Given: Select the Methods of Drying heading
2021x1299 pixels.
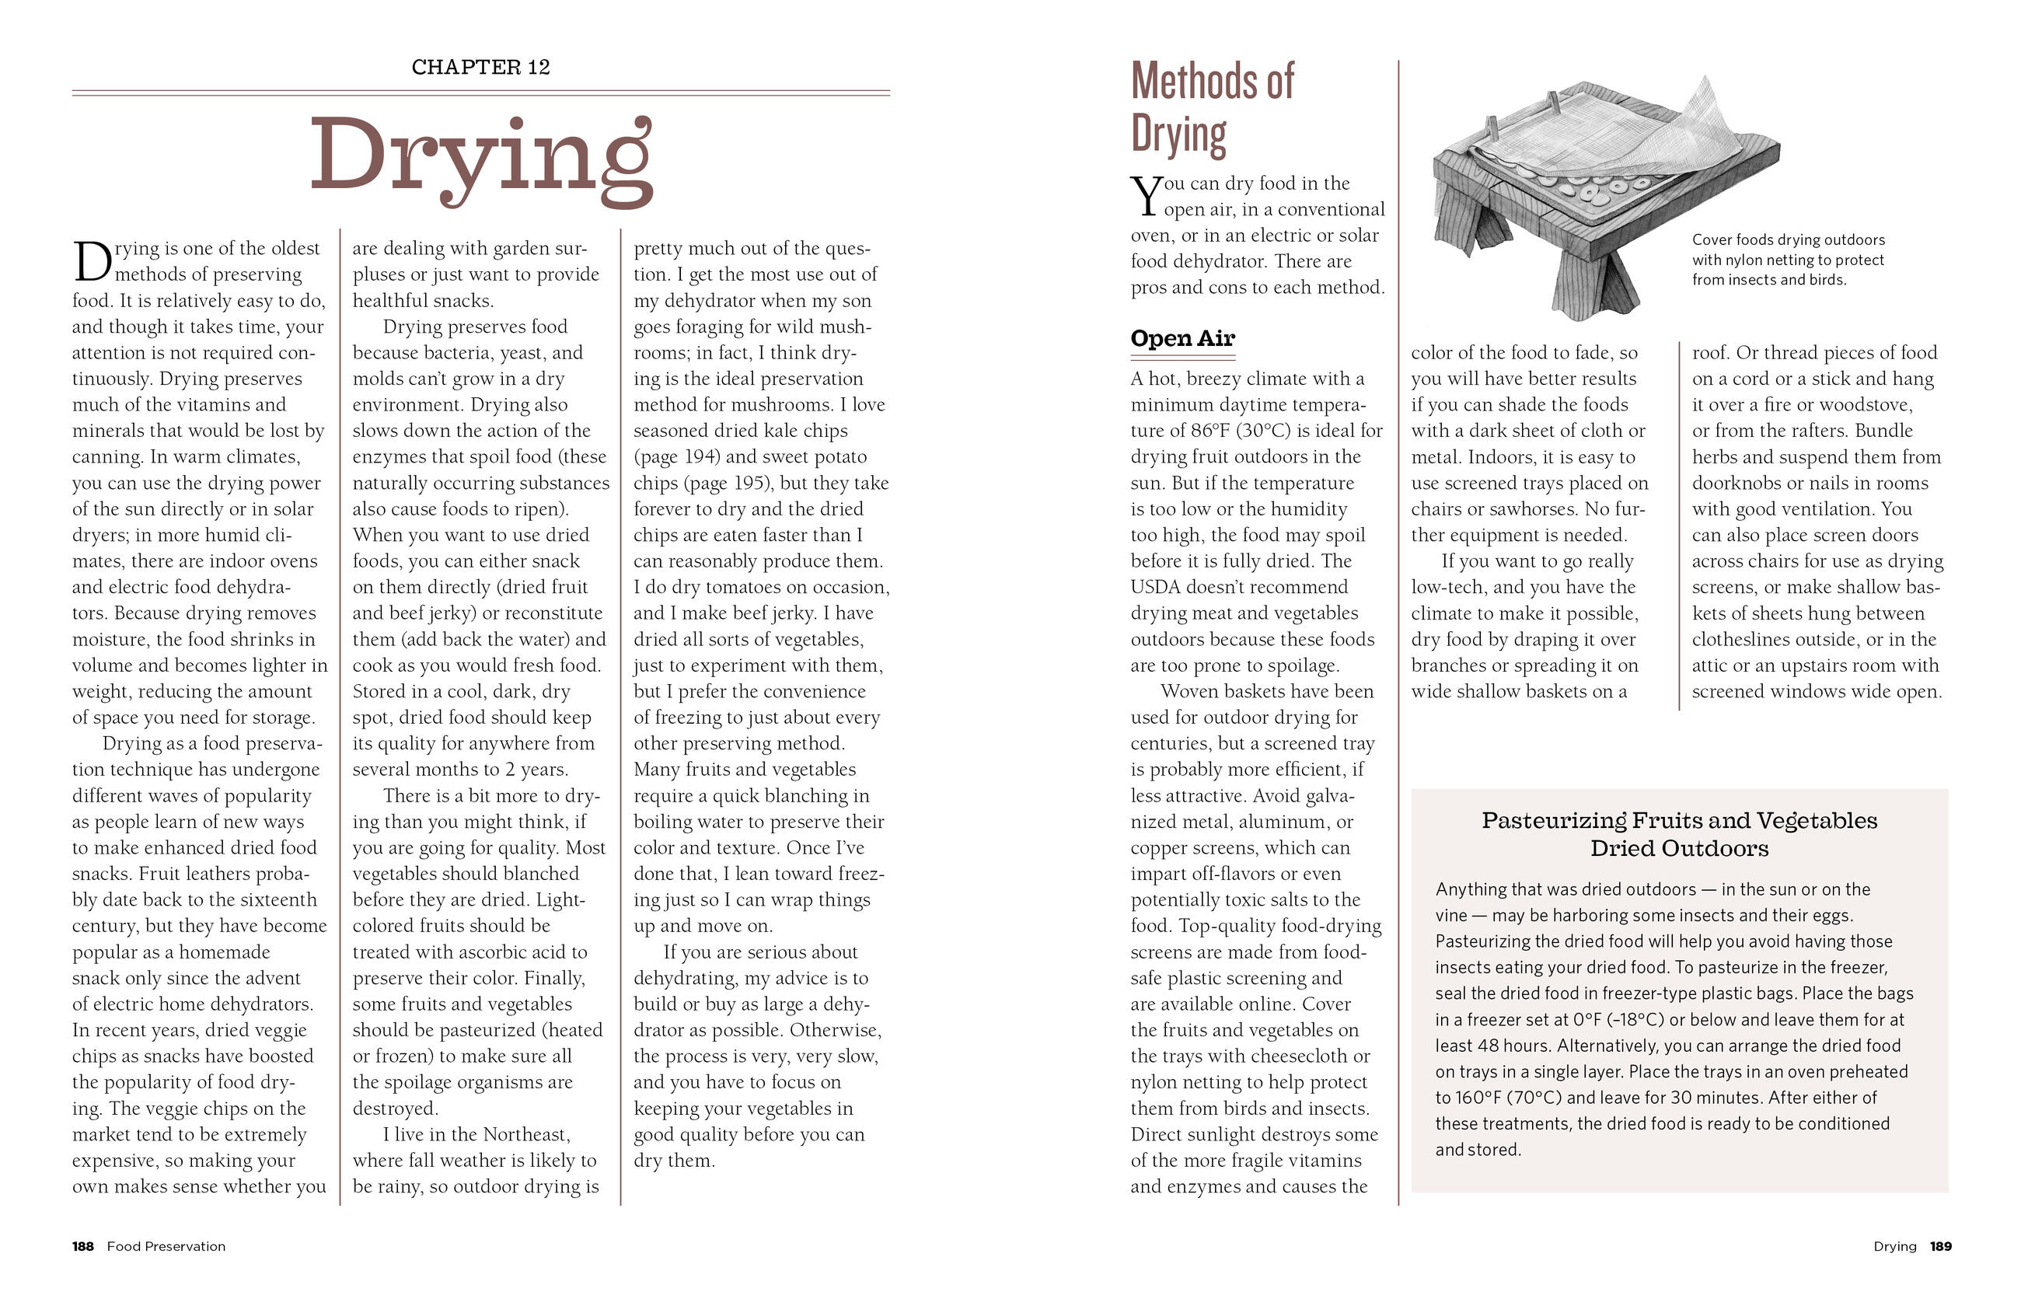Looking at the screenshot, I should point(1212,107).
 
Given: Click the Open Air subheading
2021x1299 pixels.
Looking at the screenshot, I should point(1182,338).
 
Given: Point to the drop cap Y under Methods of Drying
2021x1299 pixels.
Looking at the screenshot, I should point(1147,197).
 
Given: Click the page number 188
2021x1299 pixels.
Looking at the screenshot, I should point(82,1247).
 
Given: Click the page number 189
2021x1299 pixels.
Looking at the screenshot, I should point(1941,1247).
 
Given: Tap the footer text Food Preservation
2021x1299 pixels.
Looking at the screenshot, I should point(166,1247).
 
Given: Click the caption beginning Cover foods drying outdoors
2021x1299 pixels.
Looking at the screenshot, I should point(1787,260).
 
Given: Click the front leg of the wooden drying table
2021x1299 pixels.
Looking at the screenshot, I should point(1590,282).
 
